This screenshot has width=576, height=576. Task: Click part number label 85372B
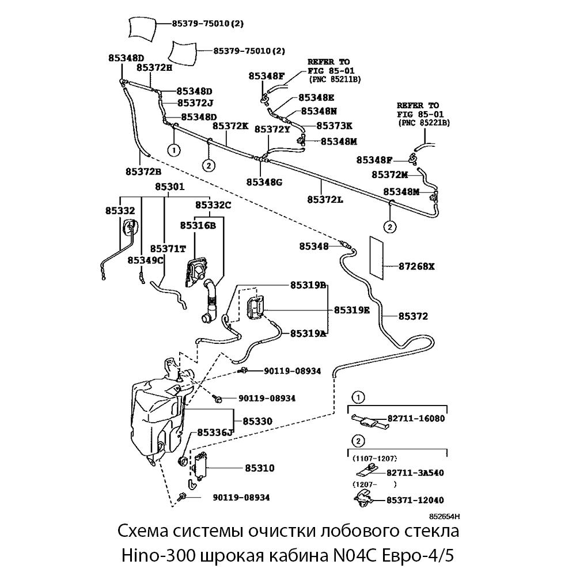click(x=143, y=171)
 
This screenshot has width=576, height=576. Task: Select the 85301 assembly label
click(x=169, y=187)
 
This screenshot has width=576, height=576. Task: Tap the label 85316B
click(x=198, y=225)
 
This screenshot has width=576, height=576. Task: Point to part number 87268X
click(x=417, y=267)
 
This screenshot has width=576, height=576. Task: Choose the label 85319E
click(x=351, y=310)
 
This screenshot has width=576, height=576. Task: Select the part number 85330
click(x=257, y=422)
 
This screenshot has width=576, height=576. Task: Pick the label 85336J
click(x=215, y=432)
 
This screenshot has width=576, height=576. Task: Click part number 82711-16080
click(x=416, y=419)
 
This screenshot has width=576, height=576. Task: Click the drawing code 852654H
click(x=445, y=517)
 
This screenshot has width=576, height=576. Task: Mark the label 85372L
click(x=325, y=199)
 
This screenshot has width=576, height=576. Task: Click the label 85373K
click(x=335, y=126)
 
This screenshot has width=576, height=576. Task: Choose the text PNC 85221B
click(x=424, y=123)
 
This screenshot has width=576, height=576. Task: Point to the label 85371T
click(x=168, y=248)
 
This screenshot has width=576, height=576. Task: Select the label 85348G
click(x=264, y=182)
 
